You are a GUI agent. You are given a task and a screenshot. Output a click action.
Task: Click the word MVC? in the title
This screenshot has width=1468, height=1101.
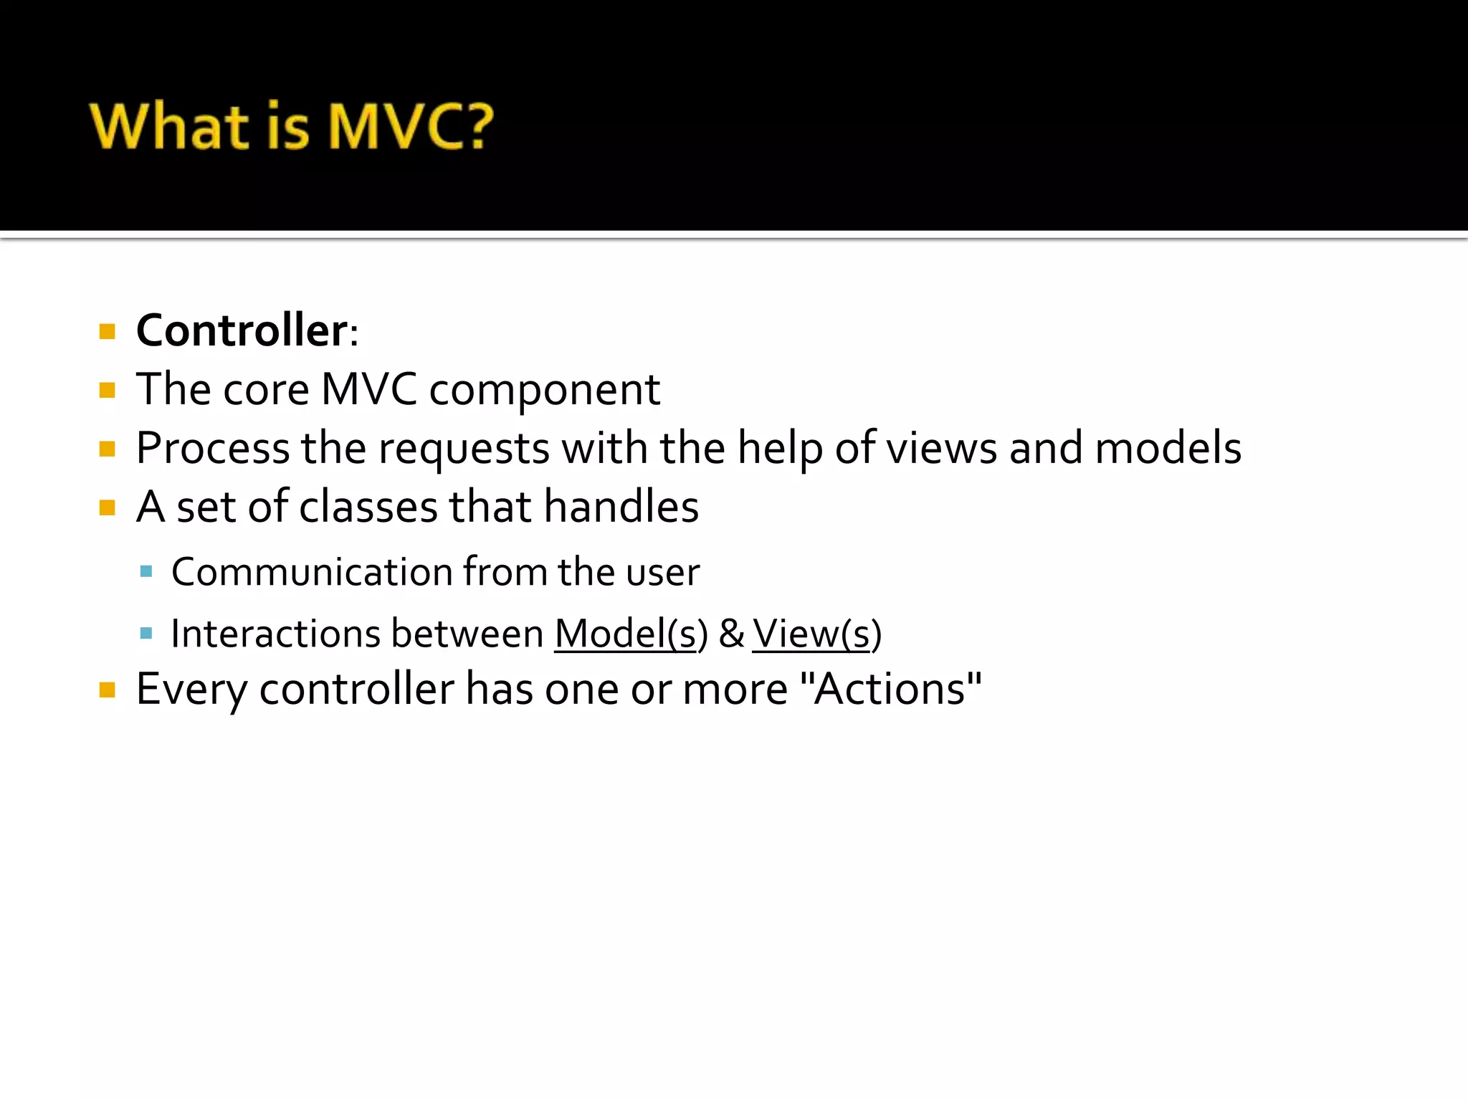pos(411,126)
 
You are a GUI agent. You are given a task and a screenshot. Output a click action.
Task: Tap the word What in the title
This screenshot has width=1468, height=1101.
pos(169,126)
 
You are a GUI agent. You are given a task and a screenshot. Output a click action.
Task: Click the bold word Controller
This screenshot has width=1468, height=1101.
pos(242,330)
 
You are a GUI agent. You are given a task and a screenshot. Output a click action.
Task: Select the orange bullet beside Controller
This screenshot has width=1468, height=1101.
pos(108,332)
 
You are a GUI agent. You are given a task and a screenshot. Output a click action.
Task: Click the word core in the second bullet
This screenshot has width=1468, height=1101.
pos(266,389)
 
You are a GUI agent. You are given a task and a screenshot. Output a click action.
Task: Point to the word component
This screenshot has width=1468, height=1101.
pos(544,391)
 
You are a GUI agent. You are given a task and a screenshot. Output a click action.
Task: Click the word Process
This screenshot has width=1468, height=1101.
pos(212,449)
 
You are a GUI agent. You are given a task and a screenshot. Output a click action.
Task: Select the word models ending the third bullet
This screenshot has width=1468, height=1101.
pos(1168,448)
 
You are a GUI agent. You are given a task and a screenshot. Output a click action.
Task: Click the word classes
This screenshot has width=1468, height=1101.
pos(368,507)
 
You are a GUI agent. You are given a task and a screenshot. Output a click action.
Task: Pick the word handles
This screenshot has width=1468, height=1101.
pos(621,507)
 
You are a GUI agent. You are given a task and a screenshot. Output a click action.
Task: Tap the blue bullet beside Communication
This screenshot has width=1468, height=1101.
pos(146,571)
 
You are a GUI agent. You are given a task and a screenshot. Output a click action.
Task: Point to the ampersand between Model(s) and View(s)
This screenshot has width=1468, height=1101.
pos(731,634)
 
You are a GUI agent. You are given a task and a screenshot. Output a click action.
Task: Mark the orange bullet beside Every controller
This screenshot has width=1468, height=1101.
pos(108,690)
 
